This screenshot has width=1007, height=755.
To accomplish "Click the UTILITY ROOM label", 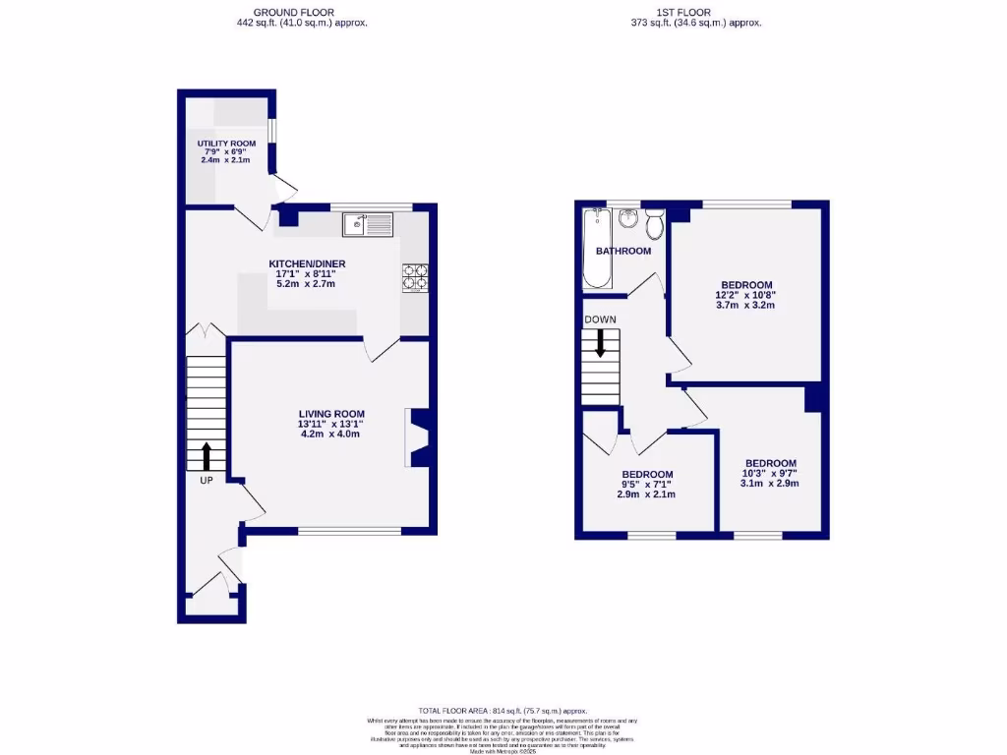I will (225, 144).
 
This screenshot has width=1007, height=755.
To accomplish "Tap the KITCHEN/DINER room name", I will (308, 263).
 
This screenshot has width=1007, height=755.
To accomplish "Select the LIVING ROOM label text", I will (332, 414).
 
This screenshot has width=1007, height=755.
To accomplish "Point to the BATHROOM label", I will (623, 251).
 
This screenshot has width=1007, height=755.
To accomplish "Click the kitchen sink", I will (368, 225).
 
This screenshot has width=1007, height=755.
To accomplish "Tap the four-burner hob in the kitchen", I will (415, 278).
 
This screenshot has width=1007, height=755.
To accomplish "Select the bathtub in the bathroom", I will (596, 250).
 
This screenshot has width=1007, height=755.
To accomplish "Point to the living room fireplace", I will (417, 437).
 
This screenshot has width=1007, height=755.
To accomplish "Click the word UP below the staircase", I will (207, 481).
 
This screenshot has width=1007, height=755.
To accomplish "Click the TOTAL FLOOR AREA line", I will (503, 710).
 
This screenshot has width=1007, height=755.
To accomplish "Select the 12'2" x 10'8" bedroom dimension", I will (745, 295).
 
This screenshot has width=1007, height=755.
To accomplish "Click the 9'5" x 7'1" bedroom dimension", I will (647, 484).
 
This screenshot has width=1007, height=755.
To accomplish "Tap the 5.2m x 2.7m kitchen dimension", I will (308, 284).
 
